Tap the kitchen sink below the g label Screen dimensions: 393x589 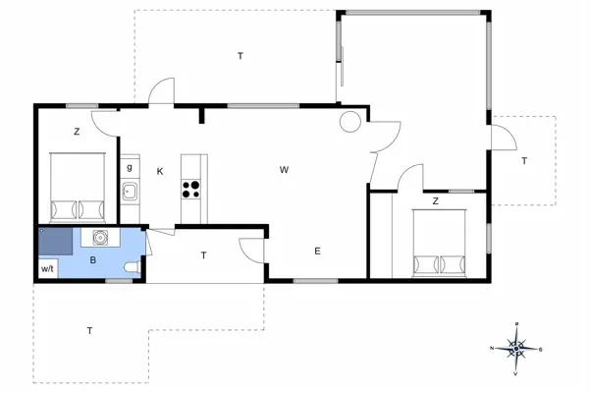[x=129, y=190]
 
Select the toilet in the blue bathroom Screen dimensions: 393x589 [x=134, y=268]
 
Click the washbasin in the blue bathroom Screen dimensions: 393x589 [x=99, y=238]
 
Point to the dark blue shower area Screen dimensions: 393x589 [x=54, y=241]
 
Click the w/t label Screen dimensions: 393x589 [x=47, y=268]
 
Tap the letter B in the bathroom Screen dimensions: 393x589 [x=92, y=260]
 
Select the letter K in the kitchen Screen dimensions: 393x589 [x=159, y=171]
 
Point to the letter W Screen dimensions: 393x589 [x=283, y=170]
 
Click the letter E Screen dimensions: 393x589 [x=317, y=252]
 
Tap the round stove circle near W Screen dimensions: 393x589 [x=349, y=122]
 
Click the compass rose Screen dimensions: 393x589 [x=517, y=347]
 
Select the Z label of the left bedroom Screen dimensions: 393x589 [x=76, y=132]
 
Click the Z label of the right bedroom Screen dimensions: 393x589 [x=435, y=201]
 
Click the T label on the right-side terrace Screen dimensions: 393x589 [x=524, y=160]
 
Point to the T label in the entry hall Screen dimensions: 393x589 [x=203, y=255]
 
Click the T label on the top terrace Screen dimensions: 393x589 [x=240, y=56]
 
